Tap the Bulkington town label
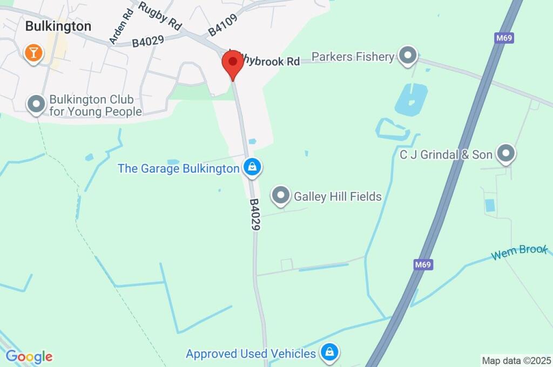[x=58, y=26]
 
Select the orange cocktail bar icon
[x=33, y=52]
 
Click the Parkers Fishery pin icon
[x=408, y=55]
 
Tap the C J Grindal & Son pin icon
[x=506, y=154]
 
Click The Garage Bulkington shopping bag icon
[x=252, y=168]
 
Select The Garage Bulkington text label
[x=178, y=168]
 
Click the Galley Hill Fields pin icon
[x=280, y=196]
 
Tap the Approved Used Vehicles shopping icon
[x=328, y=353]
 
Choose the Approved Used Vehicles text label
[x=251, y=354]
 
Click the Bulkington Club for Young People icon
[x=36, y=104]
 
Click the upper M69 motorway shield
[x=503, y=38]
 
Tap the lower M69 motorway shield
[x=424, y=265]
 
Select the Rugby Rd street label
[x=160, y=16]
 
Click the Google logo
[x=29, y=356]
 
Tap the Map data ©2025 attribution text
[x=516, y=361]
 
